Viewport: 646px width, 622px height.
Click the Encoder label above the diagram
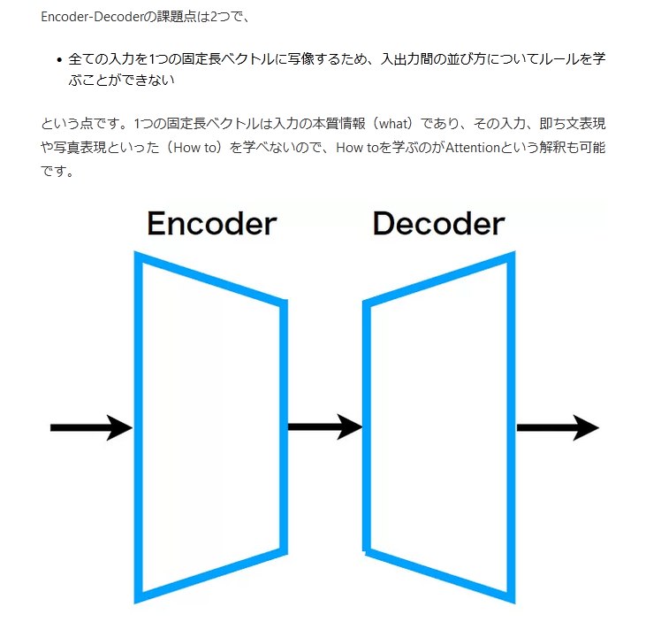pyautogui.click(x=211, y=224)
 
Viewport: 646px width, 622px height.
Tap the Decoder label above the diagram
pyautogui.click(x=438, y=224)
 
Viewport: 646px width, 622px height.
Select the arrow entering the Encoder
pyautogui.click(x=91, y=427)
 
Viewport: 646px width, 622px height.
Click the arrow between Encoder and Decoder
pyautogui.click(x=324, y=426)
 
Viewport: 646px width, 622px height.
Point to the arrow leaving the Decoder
pyautogui.click(x=557, y=427)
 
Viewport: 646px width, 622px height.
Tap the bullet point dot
pyautogui.click(x=58, y=61)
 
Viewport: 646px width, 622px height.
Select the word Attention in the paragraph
pyautogui.click(x=474, y=147)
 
